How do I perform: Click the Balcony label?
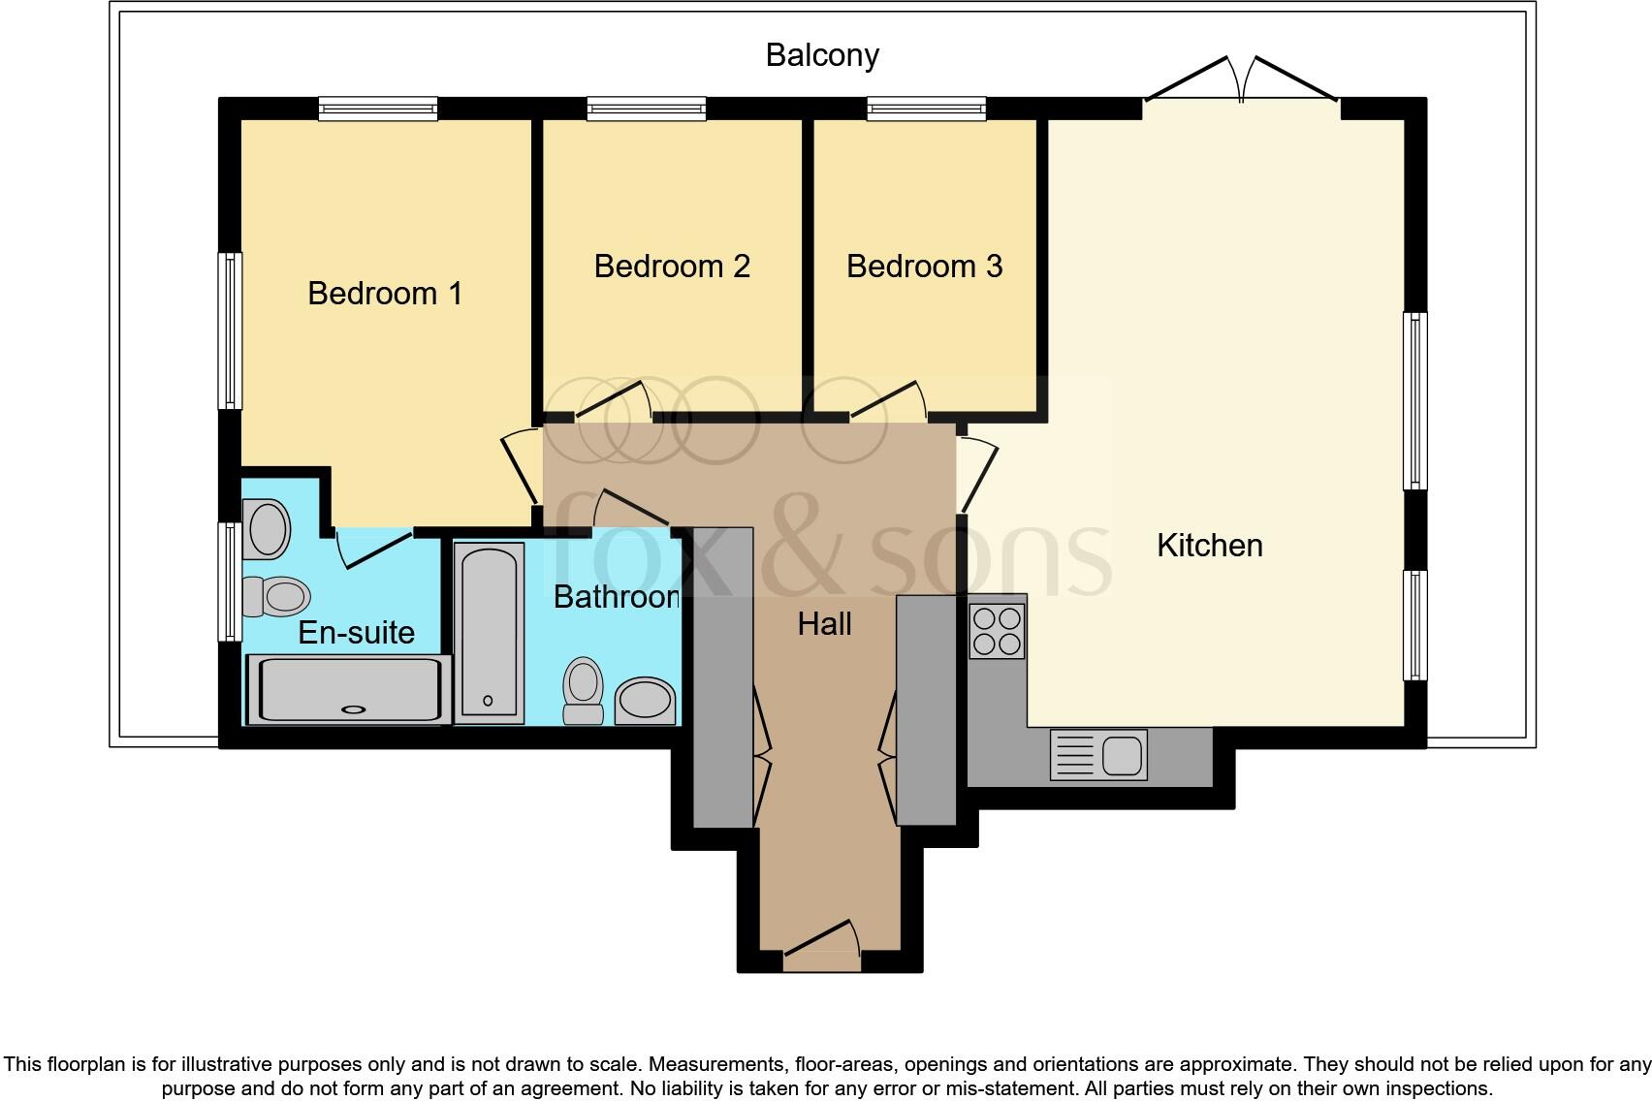822,55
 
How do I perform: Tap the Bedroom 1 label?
385,293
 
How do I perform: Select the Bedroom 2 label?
672,266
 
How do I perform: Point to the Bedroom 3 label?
924,266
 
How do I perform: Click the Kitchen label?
1209,545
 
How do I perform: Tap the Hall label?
824,623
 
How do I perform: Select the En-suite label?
356,632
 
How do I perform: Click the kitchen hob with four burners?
996,631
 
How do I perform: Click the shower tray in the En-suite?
349,689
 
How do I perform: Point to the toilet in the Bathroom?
584,690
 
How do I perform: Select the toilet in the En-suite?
275,596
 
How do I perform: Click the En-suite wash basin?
267,529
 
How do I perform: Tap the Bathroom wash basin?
646,701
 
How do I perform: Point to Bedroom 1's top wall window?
378,109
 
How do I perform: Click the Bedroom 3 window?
926,109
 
